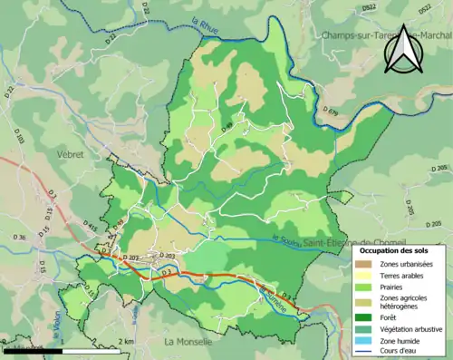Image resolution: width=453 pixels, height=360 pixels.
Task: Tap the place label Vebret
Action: (x=70, y=155)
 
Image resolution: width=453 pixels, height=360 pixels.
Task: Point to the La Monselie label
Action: (x=188, y=342)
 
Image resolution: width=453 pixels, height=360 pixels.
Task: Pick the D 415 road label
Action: (x=90, y=226)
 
